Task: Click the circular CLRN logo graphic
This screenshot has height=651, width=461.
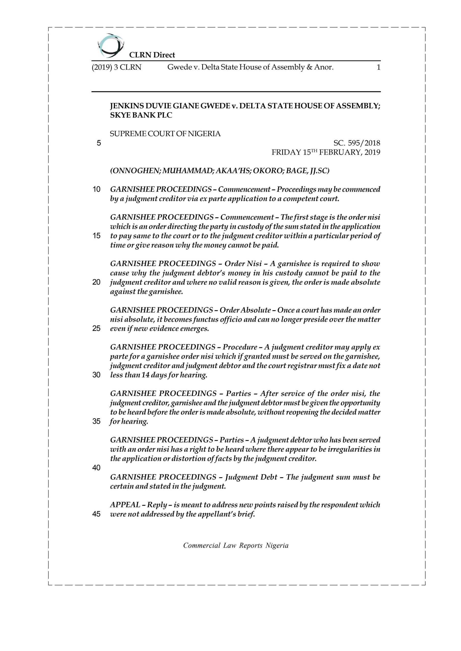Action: (x=110, y=45)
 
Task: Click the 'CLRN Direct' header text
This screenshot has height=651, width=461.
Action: (x=152, y=55)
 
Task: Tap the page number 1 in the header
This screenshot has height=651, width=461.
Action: (x=378, y=67)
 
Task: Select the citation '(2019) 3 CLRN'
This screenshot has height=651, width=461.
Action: (x=116, y=67)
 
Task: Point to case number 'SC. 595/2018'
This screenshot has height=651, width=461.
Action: (x=357, y=143)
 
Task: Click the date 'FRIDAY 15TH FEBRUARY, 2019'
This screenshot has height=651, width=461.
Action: (x=326, y=152)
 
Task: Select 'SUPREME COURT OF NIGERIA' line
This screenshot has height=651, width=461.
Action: (x=165, y=134)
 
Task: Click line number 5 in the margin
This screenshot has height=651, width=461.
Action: (x=99, y=143)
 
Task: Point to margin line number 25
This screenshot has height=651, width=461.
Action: (x=96, y=329)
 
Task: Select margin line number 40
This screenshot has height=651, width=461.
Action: (x=96, y=468)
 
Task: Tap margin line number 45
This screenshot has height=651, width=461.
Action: (x=96, y=514)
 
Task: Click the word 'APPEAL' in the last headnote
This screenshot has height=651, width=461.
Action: (x=125, y=505)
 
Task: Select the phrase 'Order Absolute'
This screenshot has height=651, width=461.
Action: (x=245, y=310)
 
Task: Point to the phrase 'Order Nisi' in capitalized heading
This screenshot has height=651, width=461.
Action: (x=243, y=264)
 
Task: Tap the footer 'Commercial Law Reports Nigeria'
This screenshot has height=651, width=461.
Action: (x=236, y=545)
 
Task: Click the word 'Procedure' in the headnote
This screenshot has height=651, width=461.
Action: (x=240, y=347)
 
